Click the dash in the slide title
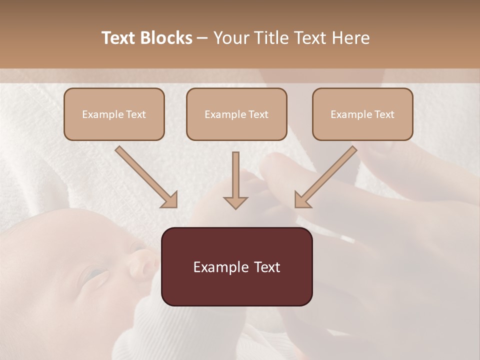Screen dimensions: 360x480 point(202,38)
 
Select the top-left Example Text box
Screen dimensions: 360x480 point(114,114)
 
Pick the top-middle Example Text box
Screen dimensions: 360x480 point(236,114)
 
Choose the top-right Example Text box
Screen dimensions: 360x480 point(362,114)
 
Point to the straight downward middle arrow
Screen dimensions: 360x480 point(235,180)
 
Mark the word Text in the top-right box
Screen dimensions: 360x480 point(384,114)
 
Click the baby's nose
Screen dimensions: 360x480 point(141,263)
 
